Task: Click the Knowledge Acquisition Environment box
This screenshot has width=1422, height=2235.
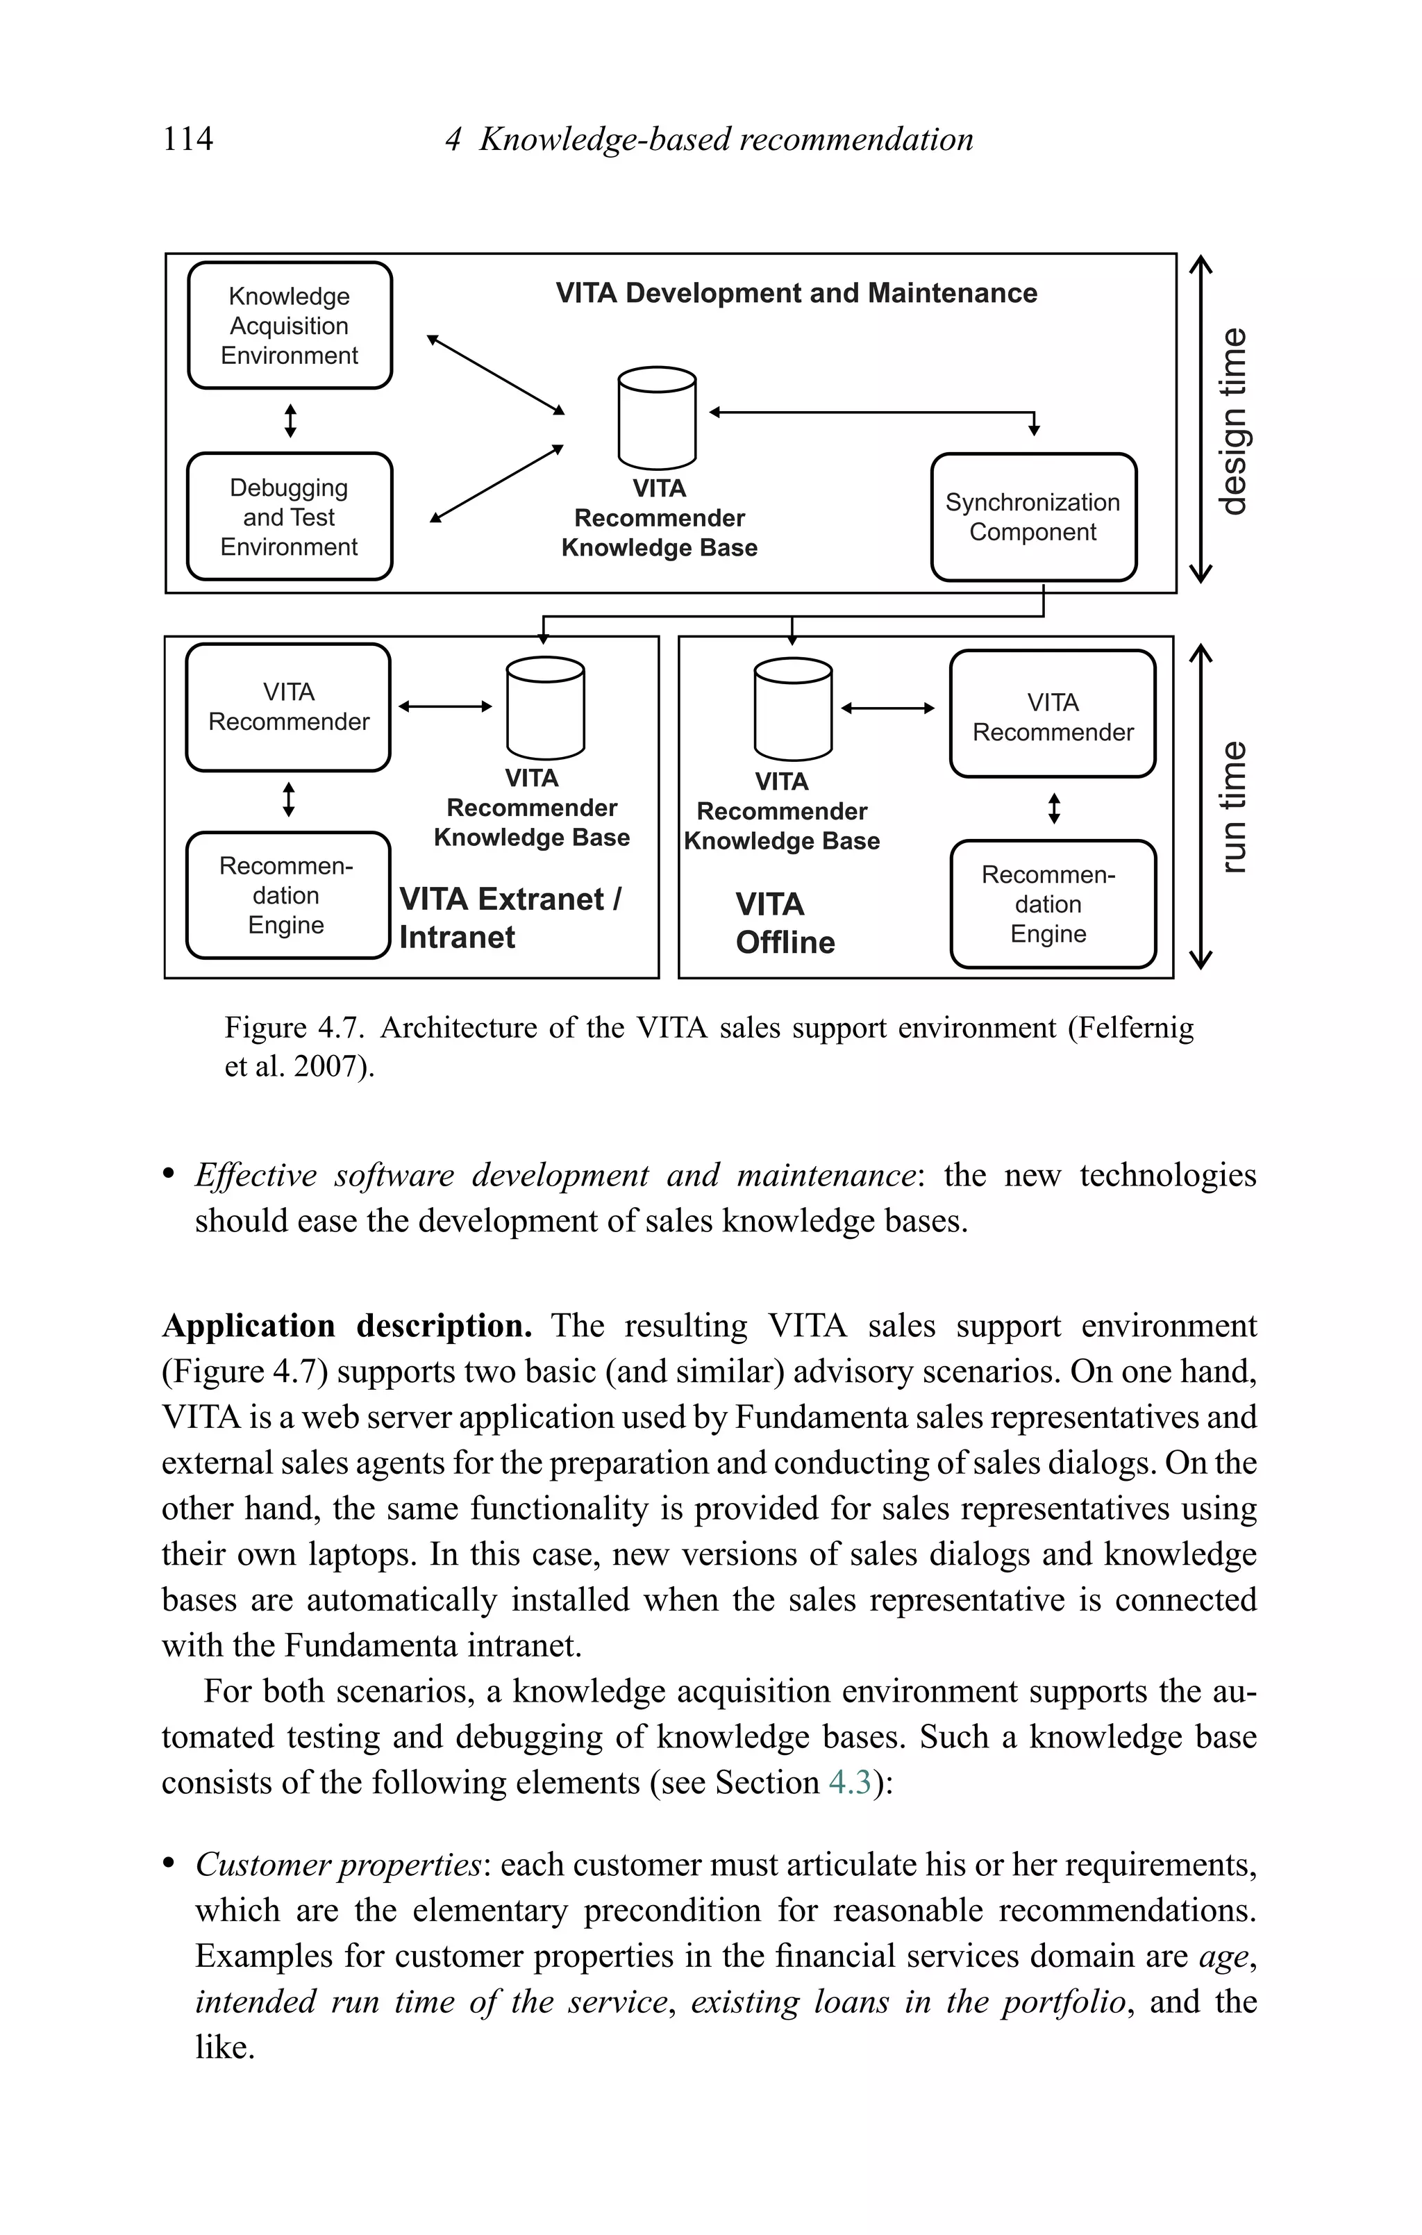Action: point(290,326)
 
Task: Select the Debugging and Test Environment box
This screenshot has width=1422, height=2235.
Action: point(290,517)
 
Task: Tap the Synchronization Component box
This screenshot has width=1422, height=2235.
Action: point(1033,517)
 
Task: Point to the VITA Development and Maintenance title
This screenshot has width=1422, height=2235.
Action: point(796,293)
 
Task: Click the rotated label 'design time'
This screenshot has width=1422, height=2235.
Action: point(1232,422)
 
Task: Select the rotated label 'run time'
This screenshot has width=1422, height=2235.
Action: point(1232,806)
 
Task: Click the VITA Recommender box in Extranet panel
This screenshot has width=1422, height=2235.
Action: point(289,707)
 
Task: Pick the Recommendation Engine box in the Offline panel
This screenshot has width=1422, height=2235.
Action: point(1053,904)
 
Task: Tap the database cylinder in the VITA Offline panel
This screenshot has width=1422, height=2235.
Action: point(793,709)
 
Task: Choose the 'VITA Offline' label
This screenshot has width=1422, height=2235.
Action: point(785,922)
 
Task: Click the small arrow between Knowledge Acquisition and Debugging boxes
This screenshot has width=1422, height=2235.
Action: point(290,420)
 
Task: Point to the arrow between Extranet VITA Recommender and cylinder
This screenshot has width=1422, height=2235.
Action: point(446,706)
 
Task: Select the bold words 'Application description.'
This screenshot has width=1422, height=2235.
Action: point(347,1325)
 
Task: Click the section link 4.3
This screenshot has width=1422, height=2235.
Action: point(849,1782)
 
